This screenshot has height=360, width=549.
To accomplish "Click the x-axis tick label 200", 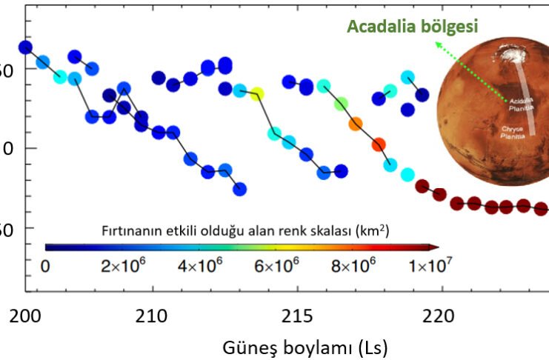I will (x=25, y=317).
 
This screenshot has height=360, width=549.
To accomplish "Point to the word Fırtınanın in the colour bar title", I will (x=130, y=230).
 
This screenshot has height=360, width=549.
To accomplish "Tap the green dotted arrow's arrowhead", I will (x=438, y=45).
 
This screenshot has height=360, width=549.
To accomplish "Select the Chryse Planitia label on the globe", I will (x=513, y=131).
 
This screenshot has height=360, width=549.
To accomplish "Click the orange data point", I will (x=356, y=124).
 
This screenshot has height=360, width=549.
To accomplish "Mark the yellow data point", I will (x=257, y=93).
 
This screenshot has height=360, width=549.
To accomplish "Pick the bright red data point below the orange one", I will (x=379, y=144).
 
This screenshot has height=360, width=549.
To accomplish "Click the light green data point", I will (x=341, y=104).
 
